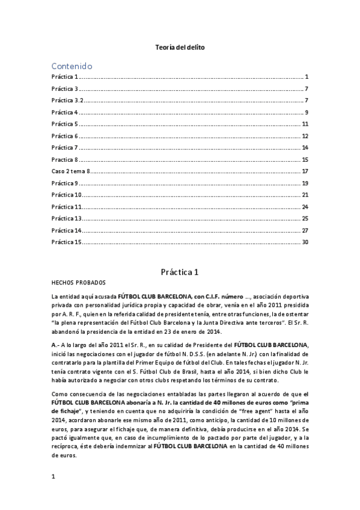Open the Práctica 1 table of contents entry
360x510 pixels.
click(65, 77)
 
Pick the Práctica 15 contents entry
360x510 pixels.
click(66, 242)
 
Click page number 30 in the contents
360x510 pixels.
click(305, 242)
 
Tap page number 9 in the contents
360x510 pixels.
click(307, 112)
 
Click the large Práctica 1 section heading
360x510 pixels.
click(179, 272)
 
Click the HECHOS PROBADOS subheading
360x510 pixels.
click(79, 283)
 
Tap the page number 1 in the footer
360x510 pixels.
click(53, 493)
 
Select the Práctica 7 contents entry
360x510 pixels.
click(65, 148)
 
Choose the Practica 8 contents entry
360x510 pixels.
click(65, 159)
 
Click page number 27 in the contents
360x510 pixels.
click(305, 230)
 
